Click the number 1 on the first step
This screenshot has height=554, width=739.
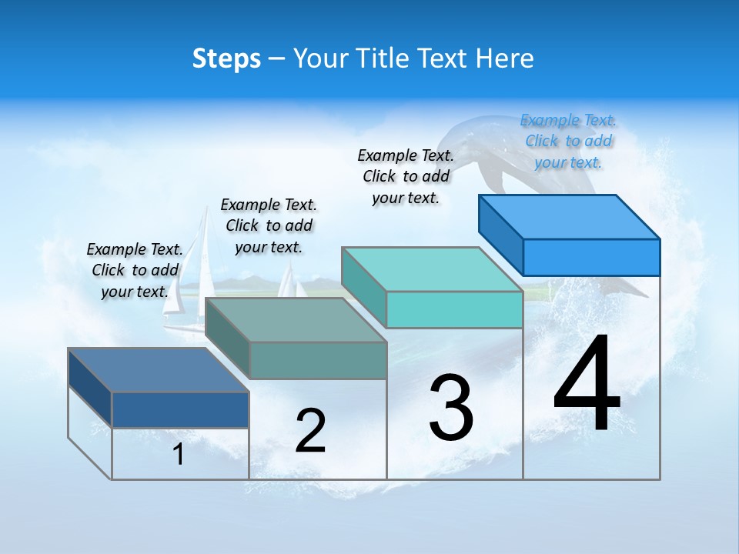[x=179, y=455]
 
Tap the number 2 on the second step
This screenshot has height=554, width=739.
[x=310, y=431]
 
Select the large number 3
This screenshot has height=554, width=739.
[x=450, y=408]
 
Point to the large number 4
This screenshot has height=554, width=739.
[x=587, y=385]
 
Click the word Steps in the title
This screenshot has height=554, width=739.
[x=226, y=58]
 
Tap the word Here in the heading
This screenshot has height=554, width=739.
[x=505, y=58]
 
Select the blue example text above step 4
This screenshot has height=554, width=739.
[x=568, y=142]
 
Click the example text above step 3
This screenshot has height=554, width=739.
[x=406, y=176]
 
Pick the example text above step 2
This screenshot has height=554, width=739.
[x=269, y=225]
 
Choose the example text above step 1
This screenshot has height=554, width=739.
[x=135, y=270]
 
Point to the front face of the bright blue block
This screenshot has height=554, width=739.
[x=591, y=257]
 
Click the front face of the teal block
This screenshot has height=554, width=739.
[x=454, y=309]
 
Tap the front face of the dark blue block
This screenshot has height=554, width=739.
[x=180, y=409]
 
